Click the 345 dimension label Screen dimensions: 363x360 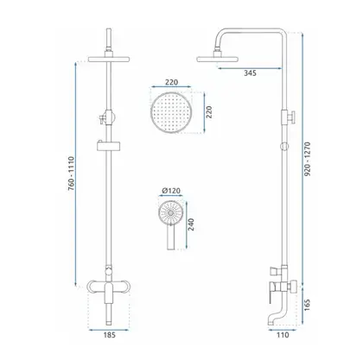(250, 73)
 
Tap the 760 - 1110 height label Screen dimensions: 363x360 (71, 174)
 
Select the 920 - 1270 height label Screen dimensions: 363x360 (308, 159)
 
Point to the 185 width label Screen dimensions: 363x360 (109, 335)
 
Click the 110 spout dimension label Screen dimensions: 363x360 (283, 335)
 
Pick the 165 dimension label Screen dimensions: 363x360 (307, 305)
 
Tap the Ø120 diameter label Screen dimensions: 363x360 (171, 191)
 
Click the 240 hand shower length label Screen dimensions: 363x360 (191, 224)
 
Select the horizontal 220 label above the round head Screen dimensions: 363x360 (171, 82)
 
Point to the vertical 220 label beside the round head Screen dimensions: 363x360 (209, 112)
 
